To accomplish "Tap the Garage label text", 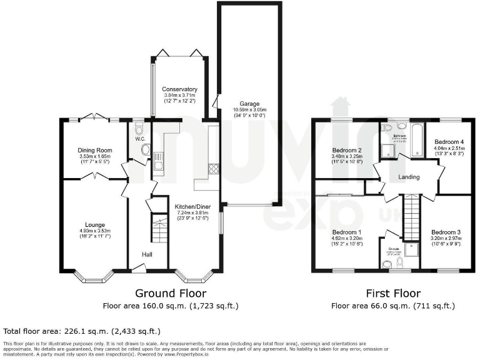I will point(248,104).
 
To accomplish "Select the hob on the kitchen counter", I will point(212,168).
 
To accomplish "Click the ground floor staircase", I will point(160,232).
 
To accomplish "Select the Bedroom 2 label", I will point(347,150).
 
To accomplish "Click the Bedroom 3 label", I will point(447,232).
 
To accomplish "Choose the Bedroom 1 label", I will point(347,231).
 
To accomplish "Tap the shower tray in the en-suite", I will point(412,250).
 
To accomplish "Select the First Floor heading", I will point(392,293).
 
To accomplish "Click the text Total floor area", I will point(30,331).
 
